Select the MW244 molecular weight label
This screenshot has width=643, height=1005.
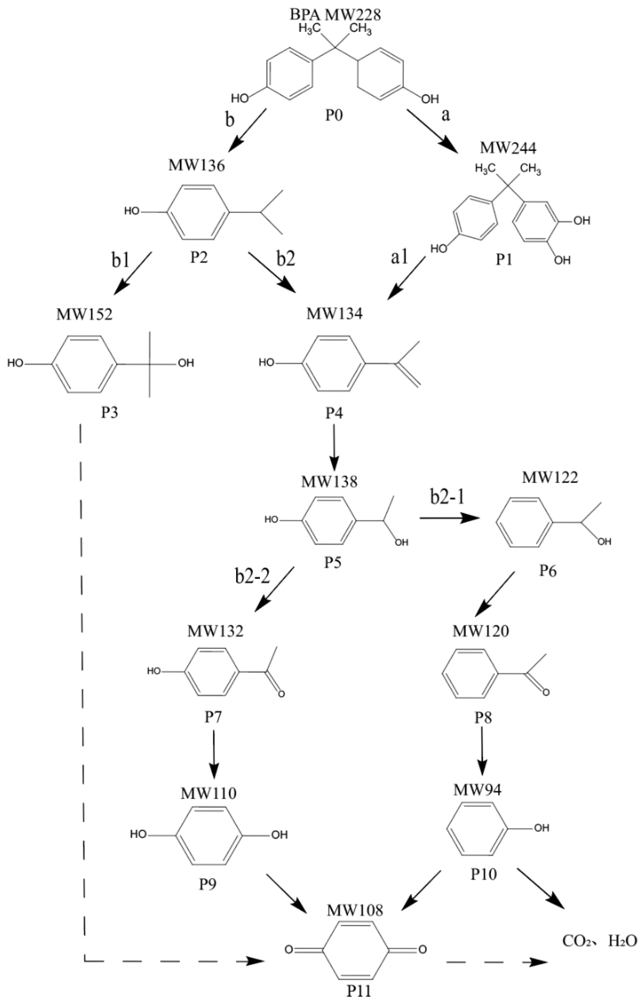[x=508, y=148]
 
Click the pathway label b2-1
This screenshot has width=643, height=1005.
[x=447, y=498]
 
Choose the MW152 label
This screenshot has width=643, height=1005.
[x=84, y=314]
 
